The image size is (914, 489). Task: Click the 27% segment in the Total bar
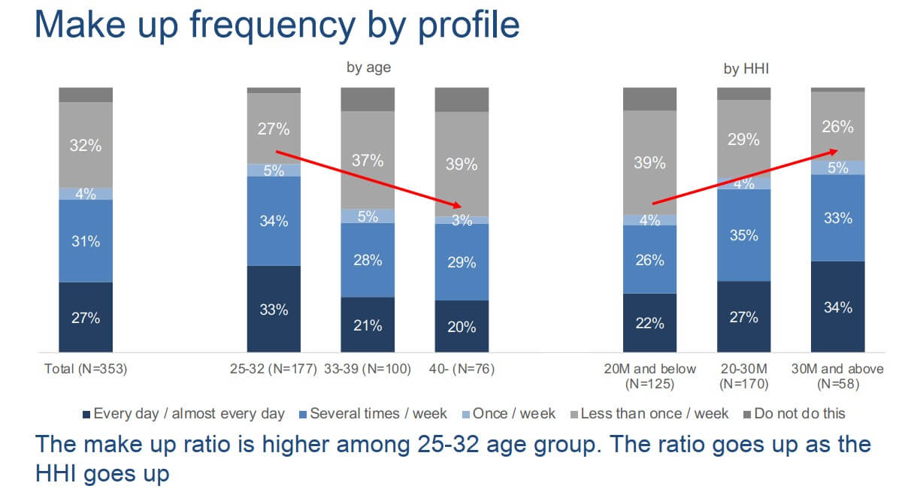coord(86,317)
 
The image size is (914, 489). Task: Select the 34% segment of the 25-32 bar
coord(274,221)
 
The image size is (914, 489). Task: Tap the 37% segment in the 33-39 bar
coord(368,160)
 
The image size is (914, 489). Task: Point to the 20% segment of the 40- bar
coord(462,326)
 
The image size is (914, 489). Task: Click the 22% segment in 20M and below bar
coord(649,322)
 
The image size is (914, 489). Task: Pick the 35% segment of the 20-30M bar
coord(743,234)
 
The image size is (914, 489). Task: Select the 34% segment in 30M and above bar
coord(837,306)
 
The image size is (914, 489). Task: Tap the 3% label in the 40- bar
coord(462,220)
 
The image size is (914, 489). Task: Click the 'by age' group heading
coord(368,68)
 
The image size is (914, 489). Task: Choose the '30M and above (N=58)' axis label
coord(837,376)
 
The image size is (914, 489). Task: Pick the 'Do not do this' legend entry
coord(795,413)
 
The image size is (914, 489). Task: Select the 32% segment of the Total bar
coord(86,145)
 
